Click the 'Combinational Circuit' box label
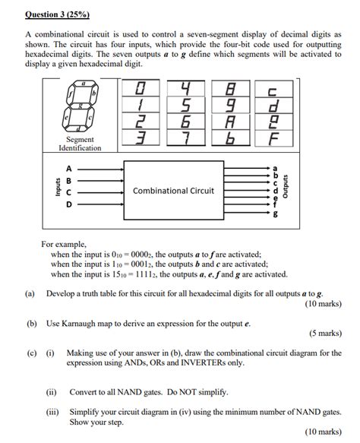[x=173, y=191]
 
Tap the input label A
[x=70, y=169]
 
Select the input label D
[x=70, y=204]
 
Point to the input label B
[x=70, y=181]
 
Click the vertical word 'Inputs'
[x=57, y=187]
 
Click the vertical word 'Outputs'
[x=285, y=188]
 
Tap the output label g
[x=275, y=215]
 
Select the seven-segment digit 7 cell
[x=185, y=138]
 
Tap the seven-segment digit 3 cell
[x=140, y=138]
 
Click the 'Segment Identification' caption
[x=80, y=144]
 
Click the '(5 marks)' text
[x=324, y=333]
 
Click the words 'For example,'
[x=65, y=245]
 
